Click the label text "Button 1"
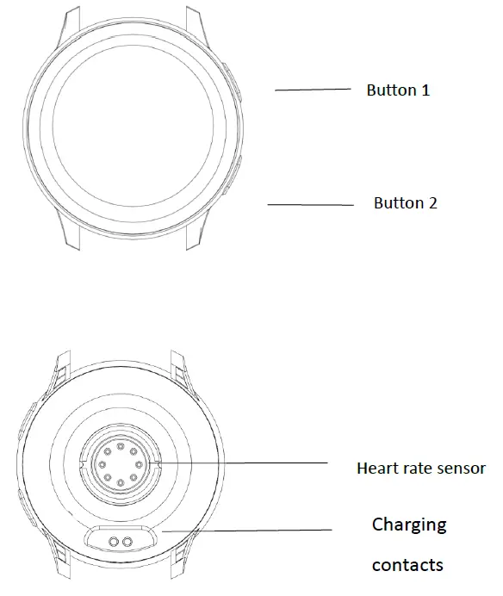point(398,90)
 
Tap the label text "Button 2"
point(405,203)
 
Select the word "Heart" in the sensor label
point(376,469)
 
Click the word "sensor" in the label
point(461,469)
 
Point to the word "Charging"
point(409,524)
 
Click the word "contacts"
point(407,565)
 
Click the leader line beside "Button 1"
point(313,89)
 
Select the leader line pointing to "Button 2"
point(310,205)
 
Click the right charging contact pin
point(129,540)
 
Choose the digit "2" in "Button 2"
point(432,203)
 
